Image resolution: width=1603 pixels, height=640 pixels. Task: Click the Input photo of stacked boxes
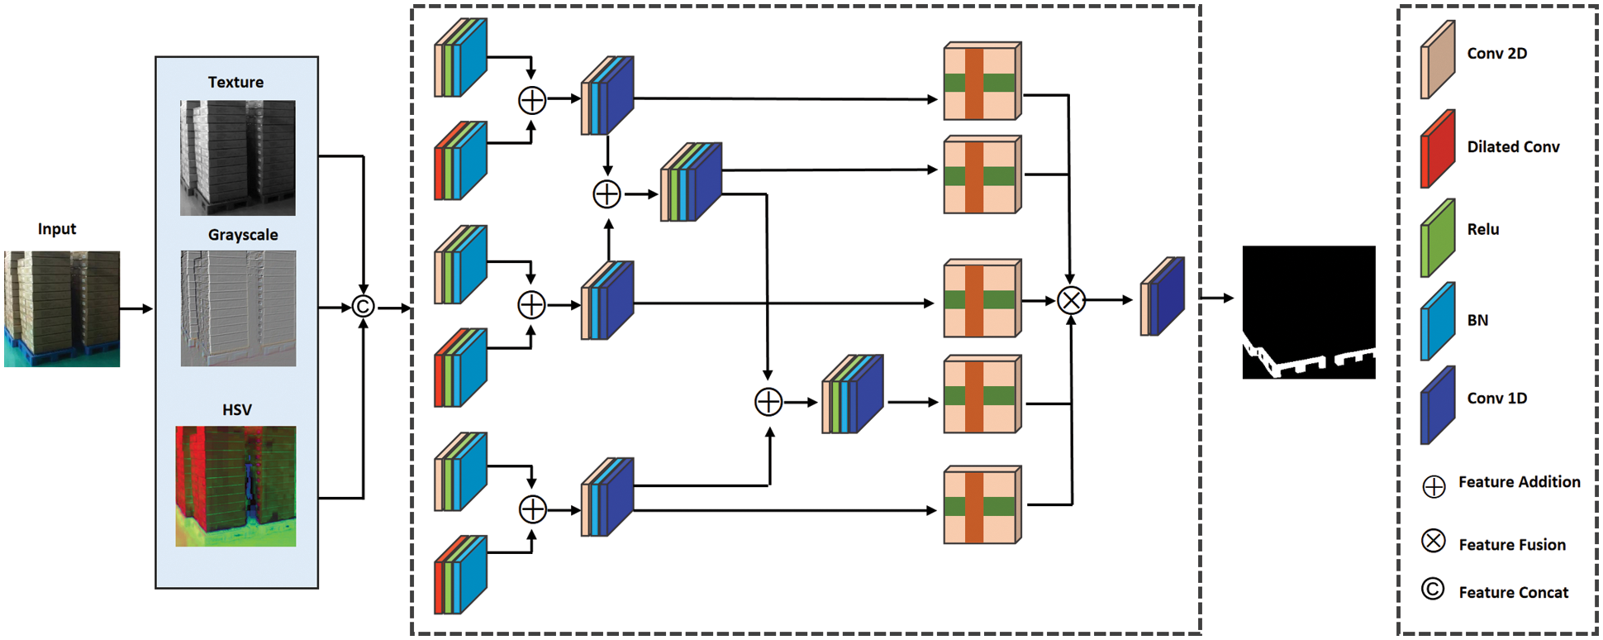pos(62,309)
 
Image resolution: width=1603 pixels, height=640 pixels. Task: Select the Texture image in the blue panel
pos(238,158)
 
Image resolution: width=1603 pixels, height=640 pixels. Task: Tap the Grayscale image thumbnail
pos(238,308)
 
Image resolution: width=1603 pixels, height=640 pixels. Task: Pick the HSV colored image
pos(235,486)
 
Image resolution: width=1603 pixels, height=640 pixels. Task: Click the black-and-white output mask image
pos(1309,313)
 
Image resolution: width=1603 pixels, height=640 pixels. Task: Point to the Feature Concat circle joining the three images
pos(363,307)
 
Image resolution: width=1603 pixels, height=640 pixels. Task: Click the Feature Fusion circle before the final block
pos(1071,301)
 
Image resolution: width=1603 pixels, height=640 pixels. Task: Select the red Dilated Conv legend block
pos(1438,149)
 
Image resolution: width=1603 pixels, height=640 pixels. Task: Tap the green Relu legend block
pos(1438,237)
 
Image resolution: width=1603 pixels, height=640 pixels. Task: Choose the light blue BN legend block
pos(1438,322)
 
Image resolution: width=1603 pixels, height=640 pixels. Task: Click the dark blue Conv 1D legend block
pos(1438,405)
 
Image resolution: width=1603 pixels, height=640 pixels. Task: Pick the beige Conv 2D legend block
pos(1438,60)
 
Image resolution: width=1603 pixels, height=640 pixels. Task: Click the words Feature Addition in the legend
pos(1520,482)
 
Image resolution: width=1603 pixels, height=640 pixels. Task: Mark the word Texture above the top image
pos(235,82)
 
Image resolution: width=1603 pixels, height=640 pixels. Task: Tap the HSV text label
pos(236,409)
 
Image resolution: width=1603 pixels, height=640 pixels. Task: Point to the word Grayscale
pos(243,235)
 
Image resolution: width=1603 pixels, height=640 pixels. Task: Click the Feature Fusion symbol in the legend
pos(1434,541)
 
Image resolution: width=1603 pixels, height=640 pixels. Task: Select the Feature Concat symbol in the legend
pos(1433,589)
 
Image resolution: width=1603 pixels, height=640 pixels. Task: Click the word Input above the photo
pos(57,229)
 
